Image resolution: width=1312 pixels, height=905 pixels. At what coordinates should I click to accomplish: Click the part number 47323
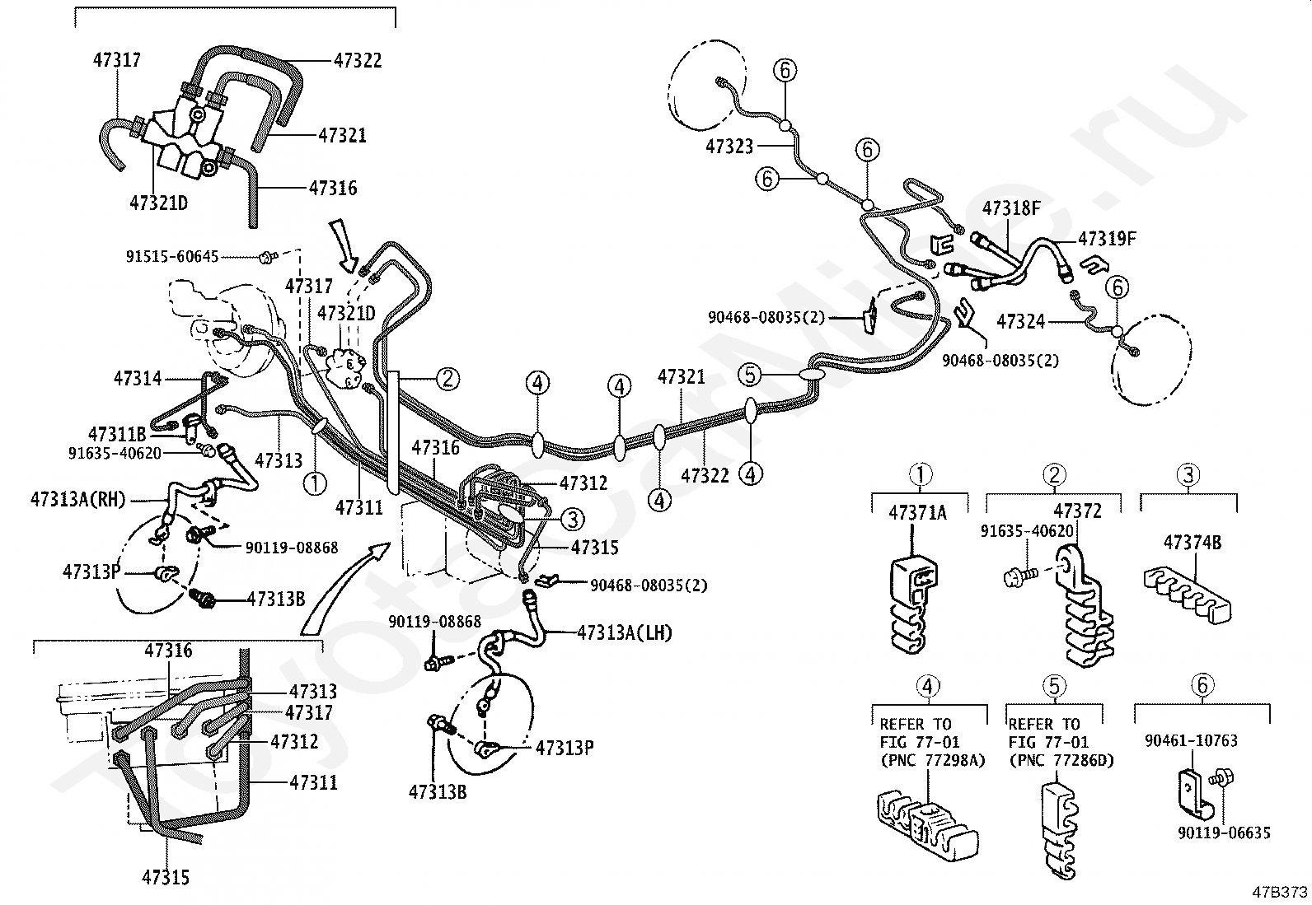(x=729, y=146)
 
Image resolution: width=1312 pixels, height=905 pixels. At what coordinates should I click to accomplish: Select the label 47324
(x=1021, y=321)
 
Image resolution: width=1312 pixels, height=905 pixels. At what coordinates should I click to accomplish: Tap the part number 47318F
(x=1011, y=208)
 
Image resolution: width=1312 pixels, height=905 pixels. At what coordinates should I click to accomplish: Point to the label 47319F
(x=1107, y=238)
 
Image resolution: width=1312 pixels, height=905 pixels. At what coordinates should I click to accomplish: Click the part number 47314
(x=137, y=378)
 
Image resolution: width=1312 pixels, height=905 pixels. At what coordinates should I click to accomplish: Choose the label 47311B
(x=117, y=434)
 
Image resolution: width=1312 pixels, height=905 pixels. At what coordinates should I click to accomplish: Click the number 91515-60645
(x=172, y=256)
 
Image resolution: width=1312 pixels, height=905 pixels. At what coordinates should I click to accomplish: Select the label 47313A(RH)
(x=78, y=499)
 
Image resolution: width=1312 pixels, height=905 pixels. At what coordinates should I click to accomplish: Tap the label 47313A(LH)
(x=625, y=632)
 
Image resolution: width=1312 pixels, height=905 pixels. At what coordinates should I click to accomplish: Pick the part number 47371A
(x=917, y=513)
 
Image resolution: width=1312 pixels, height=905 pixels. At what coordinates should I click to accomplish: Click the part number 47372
(x=1078, y=511)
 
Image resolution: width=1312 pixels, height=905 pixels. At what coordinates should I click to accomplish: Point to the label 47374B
(x=1193, y=543)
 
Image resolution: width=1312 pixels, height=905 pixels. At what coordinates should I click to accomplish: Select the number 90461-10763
(x=1192, y=740)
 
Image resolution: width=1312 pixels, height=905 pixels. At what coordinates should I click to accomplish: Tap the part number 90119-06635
(x=1224, y=833)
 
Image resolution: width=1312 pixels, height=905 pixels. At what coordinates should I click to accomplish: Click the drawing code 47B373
(x=1279, y=892)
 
